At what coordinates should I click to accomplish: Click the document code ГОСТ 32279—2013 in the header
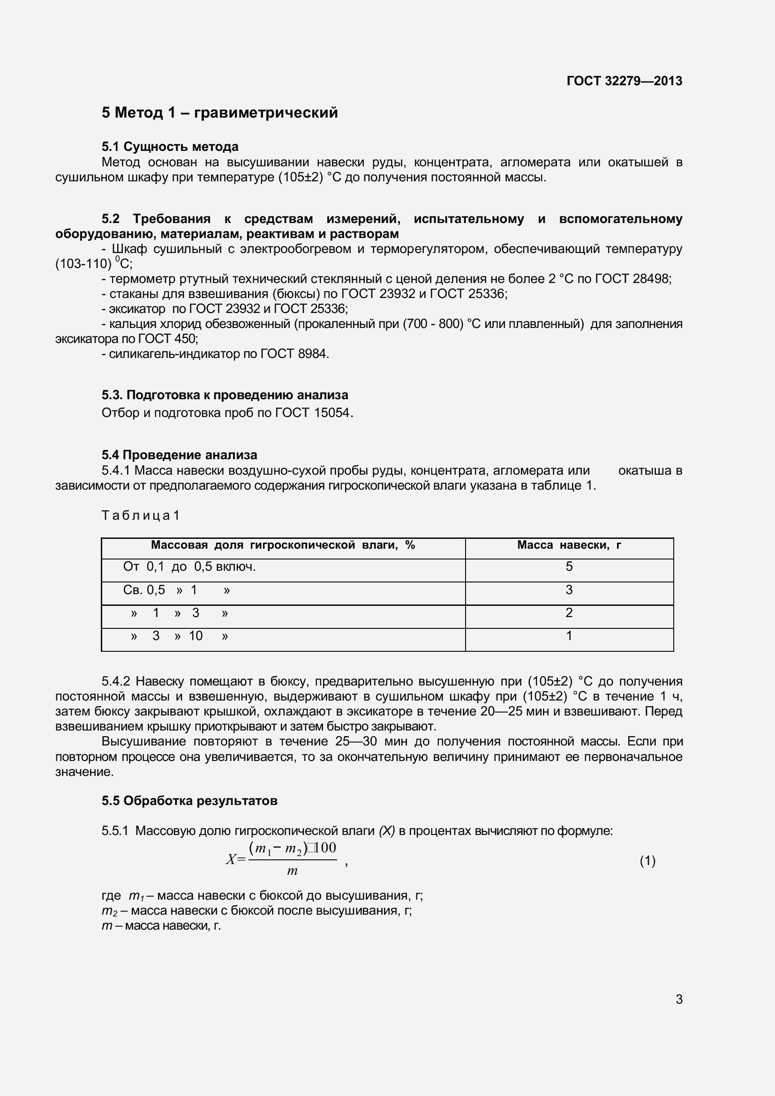point(624,81)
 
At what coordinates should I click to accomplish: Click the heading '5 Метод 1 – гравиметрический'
point(220,112)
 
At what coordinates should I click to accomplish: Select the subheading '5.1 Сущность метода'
point(170,147)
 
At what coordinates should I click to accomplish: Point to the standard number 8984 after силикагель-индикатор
point(313,354)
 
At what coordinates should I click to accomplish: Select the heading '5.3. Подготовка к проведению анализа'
point(225,395)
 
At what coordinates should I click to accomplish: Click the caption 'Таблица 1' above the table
point(140,515)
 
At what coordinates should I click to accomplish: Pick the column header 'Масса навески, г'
point(569,545)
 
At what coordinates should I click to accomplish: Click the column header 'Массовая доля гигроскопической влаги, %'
point(283,545)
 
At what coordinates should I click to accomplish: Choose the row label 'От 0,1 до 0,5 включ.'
point(189,567)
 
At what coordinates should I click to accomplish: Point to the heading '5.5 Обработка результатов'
point(189,800)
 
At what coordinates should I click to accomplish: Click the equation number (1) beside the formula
point(647,861)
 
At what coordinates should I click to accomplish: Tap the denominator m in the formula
point(292,871)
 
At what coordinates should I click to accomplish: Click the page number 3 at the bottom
point(679,999)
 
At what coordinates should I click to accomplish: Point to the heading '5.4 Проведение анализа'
point(179,455)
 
